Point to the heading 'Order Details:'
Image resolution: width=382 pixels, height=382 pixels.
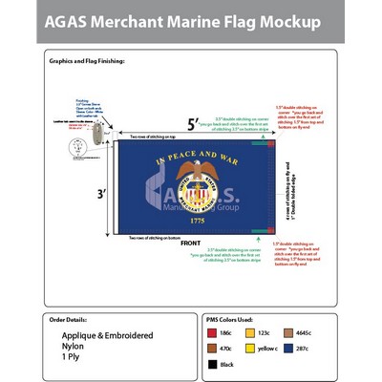point(71,321)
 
